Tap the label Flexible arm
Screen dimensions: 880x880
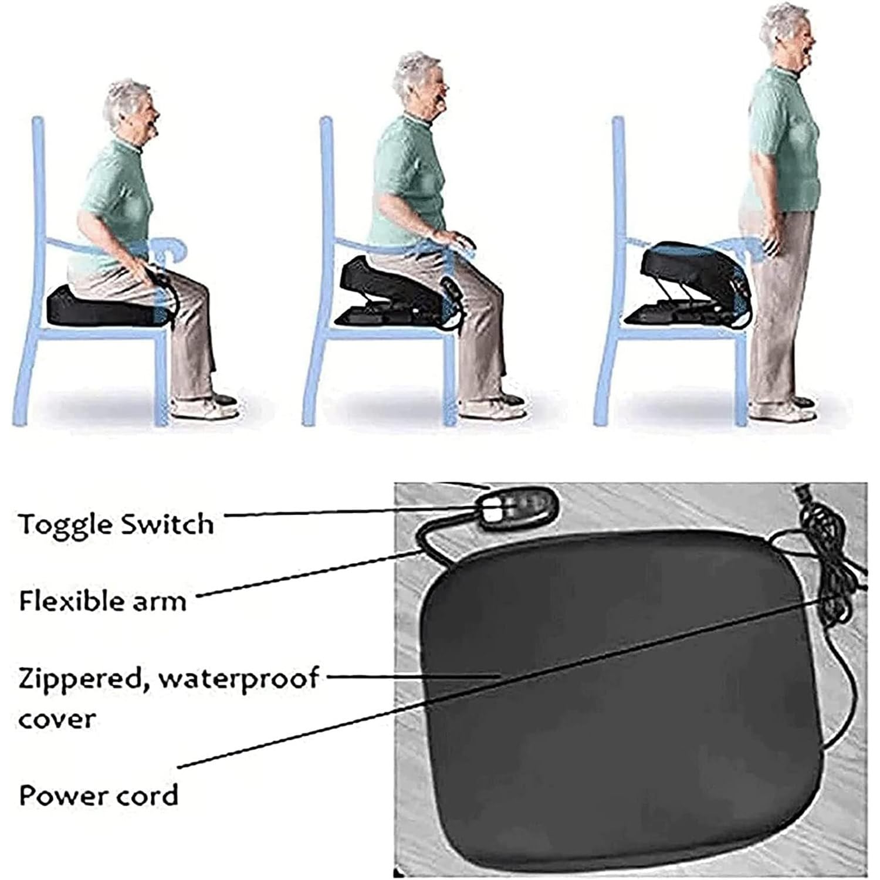(103, 601)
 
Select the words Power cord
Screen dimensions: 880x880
(99, 796)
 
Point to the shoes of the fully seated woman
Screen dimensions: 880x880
(205, 406)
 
